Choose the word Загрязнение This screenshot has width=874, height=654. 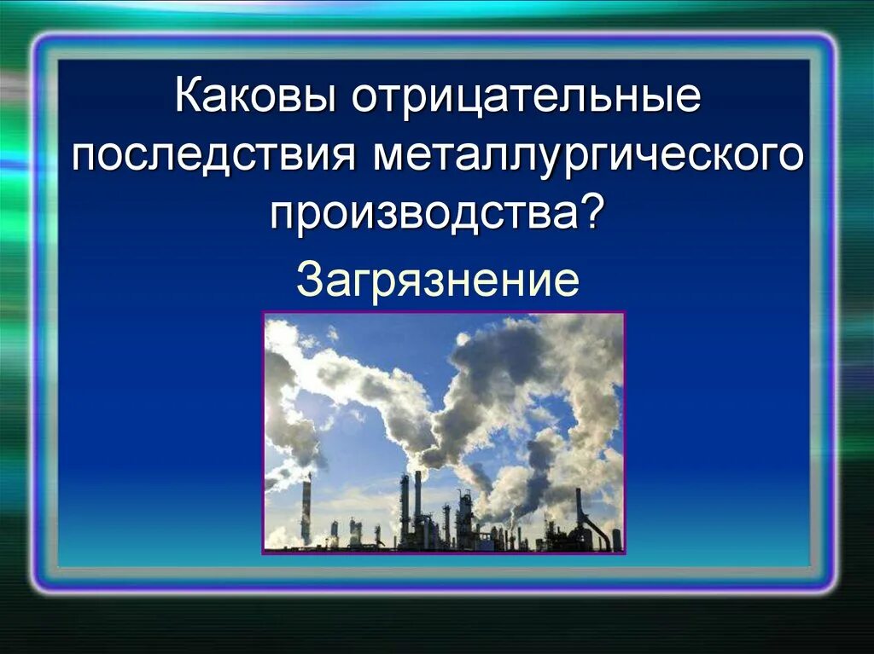coord(437,279)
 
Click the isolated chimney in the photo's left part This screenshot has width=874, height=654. coord(306,510)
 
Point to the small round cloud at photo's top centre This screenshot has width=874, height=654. coord(462,339)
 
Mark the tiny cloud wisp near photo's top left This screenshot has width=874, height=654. coord(331,333)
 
